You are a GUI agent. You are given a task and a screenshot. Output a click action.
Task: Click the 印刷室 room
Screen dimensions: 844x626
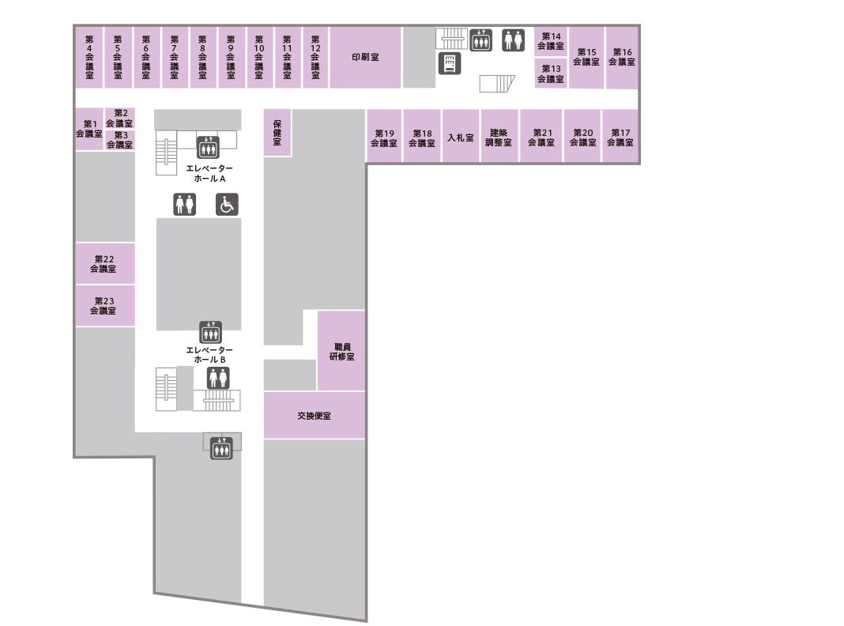pos(365,57)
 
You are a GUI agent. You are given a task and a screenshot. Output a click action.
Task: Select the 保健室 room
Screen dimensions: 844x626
pos(277,133)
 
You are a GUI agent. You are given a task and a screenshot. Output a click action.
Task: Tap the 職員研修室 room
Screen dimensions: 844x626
pos(341,350)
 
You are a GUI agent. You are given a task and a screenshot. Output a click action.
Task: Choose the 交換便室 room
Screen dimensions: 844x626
pos(315,415)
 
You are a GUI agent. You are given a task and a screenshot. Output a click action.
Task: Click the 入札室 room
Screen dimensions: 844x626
pos(461,136)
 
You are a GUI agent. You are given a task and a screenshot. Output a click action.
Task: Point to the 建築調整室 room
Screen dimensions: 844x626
pos(499,136)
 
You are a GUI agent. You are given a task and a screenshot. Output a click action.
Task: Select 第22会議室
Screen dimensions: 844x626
pos(104,263)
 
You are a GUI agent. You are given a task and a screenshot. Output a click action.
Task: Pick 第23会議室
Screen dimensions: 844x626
pos(104,306)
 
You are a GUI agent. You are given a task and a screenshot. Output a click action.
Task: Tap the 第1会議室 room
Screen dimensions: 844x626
pos(89,129)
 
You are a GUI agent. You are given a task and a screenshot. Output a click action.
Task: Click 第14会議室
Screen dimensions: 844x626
pos(551,41)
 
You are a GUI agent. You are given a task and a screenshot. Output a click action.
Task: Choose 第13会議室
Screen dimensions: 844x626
pos(551,74)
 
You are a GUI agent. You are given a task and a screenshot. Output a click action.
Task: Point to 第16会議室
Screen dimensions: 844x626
pos(622,57)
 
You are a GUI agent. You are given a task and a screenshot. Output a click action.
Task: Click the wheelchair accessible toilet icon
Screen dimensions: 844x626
pos(227,205)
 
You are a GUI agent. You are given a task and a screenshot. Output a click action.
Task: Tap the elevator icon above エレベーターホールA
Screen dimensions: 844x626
pos(208,147)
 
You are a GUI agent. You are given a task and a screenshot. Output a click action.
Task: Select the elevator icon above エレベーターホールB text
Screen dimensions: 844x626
pos(210,332)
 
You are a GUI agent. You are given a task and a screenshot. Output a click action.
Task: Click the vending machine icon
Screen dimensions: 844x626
pos(450,63)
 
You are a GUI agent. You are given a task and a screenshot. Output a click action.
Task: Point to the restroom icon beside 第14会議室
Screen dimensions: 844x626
pos(514,40)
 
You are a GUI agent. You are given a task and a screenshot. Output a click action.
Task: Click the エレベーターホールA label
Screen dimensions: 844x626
pos(209,173)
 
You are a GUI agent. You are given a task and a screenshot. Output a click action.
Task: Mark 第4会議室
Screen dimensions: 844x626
pos(89,57)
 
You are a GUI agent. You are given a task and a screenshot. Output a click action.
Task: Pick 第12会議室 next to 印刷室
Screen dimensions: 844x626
pos(315,57)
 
